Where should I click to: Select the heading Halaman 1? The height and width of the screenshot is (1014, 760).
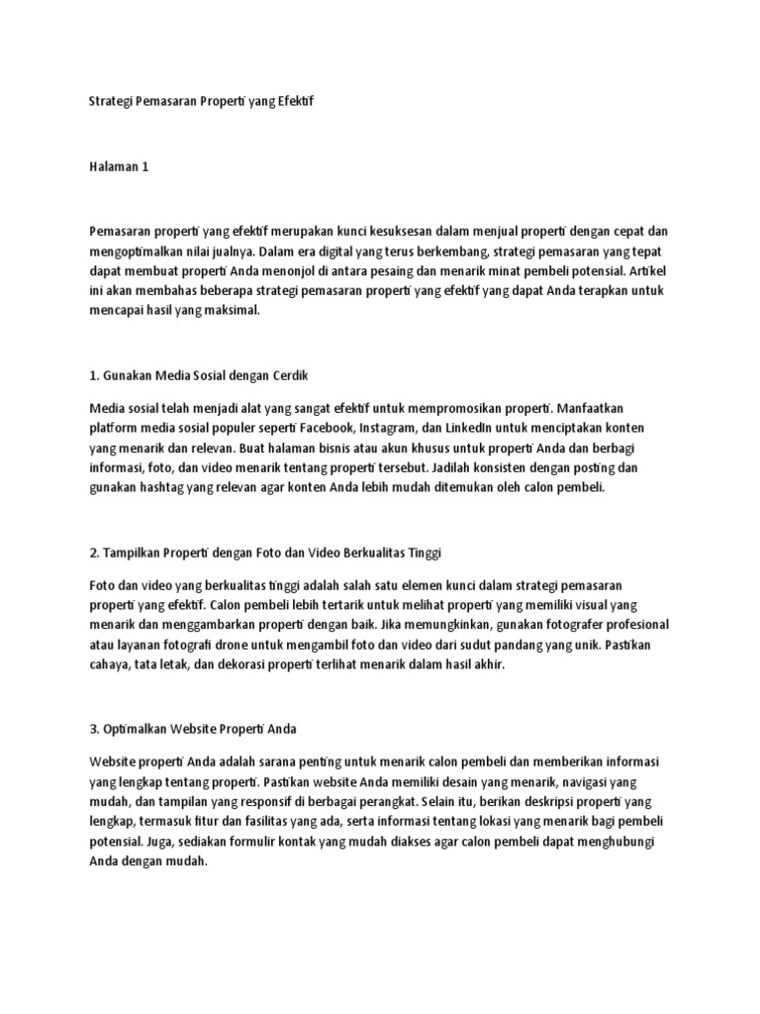118,166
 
